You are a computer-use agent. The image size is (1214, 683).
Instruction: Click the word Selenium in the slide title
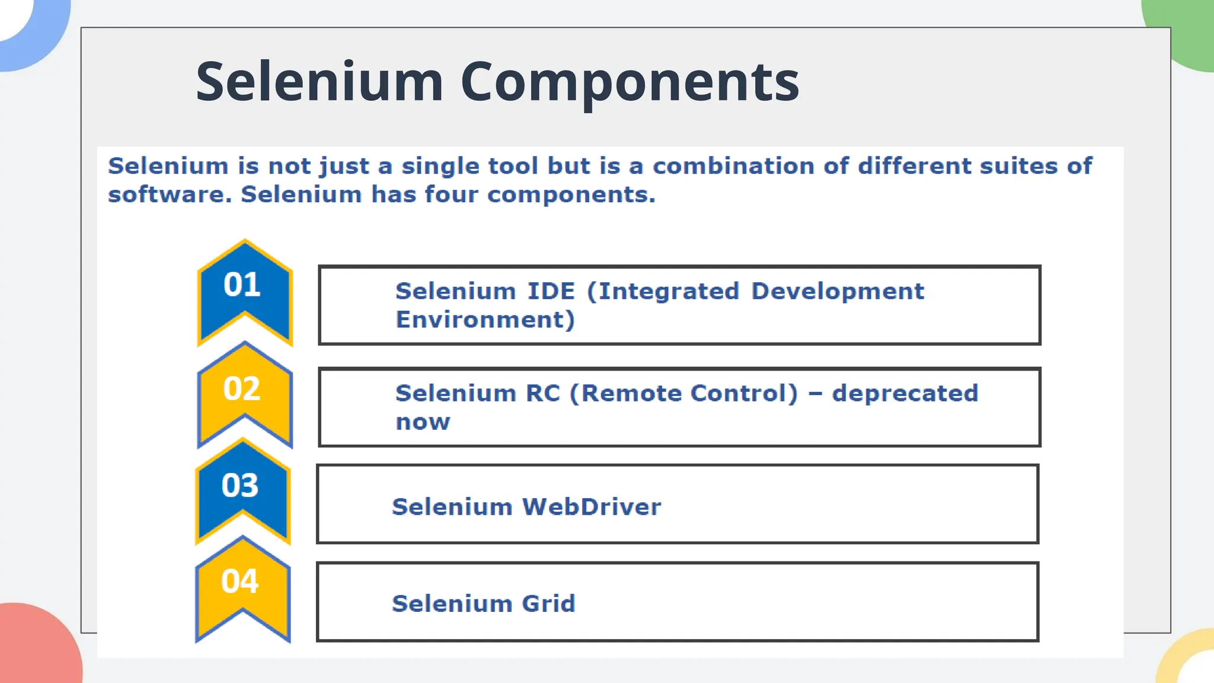[x=320, y=82]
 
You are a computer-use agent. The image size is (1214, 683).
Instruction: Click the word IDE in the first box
[x=551, y=291]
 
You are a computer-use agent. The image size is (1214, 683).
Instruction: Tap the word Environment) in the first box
[x=485, y=320]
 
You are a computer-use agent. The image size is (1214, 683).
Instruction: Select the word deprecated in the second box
[x=905, y=393]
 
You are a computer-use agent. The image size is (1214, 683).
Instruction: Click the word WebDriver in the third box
[x=591, y=507]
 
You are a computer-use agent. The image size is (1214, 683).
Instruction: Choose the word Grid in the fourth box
[x=548, y=604]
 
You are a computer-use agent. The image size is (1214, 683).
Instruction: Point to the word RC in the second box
[x=542, y=393]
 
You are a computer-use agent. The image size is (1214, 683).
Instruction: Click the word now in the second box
[x=423, y=422]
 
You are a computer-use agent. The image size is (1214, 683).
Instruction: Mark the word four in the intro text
[x=451, y=194]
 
